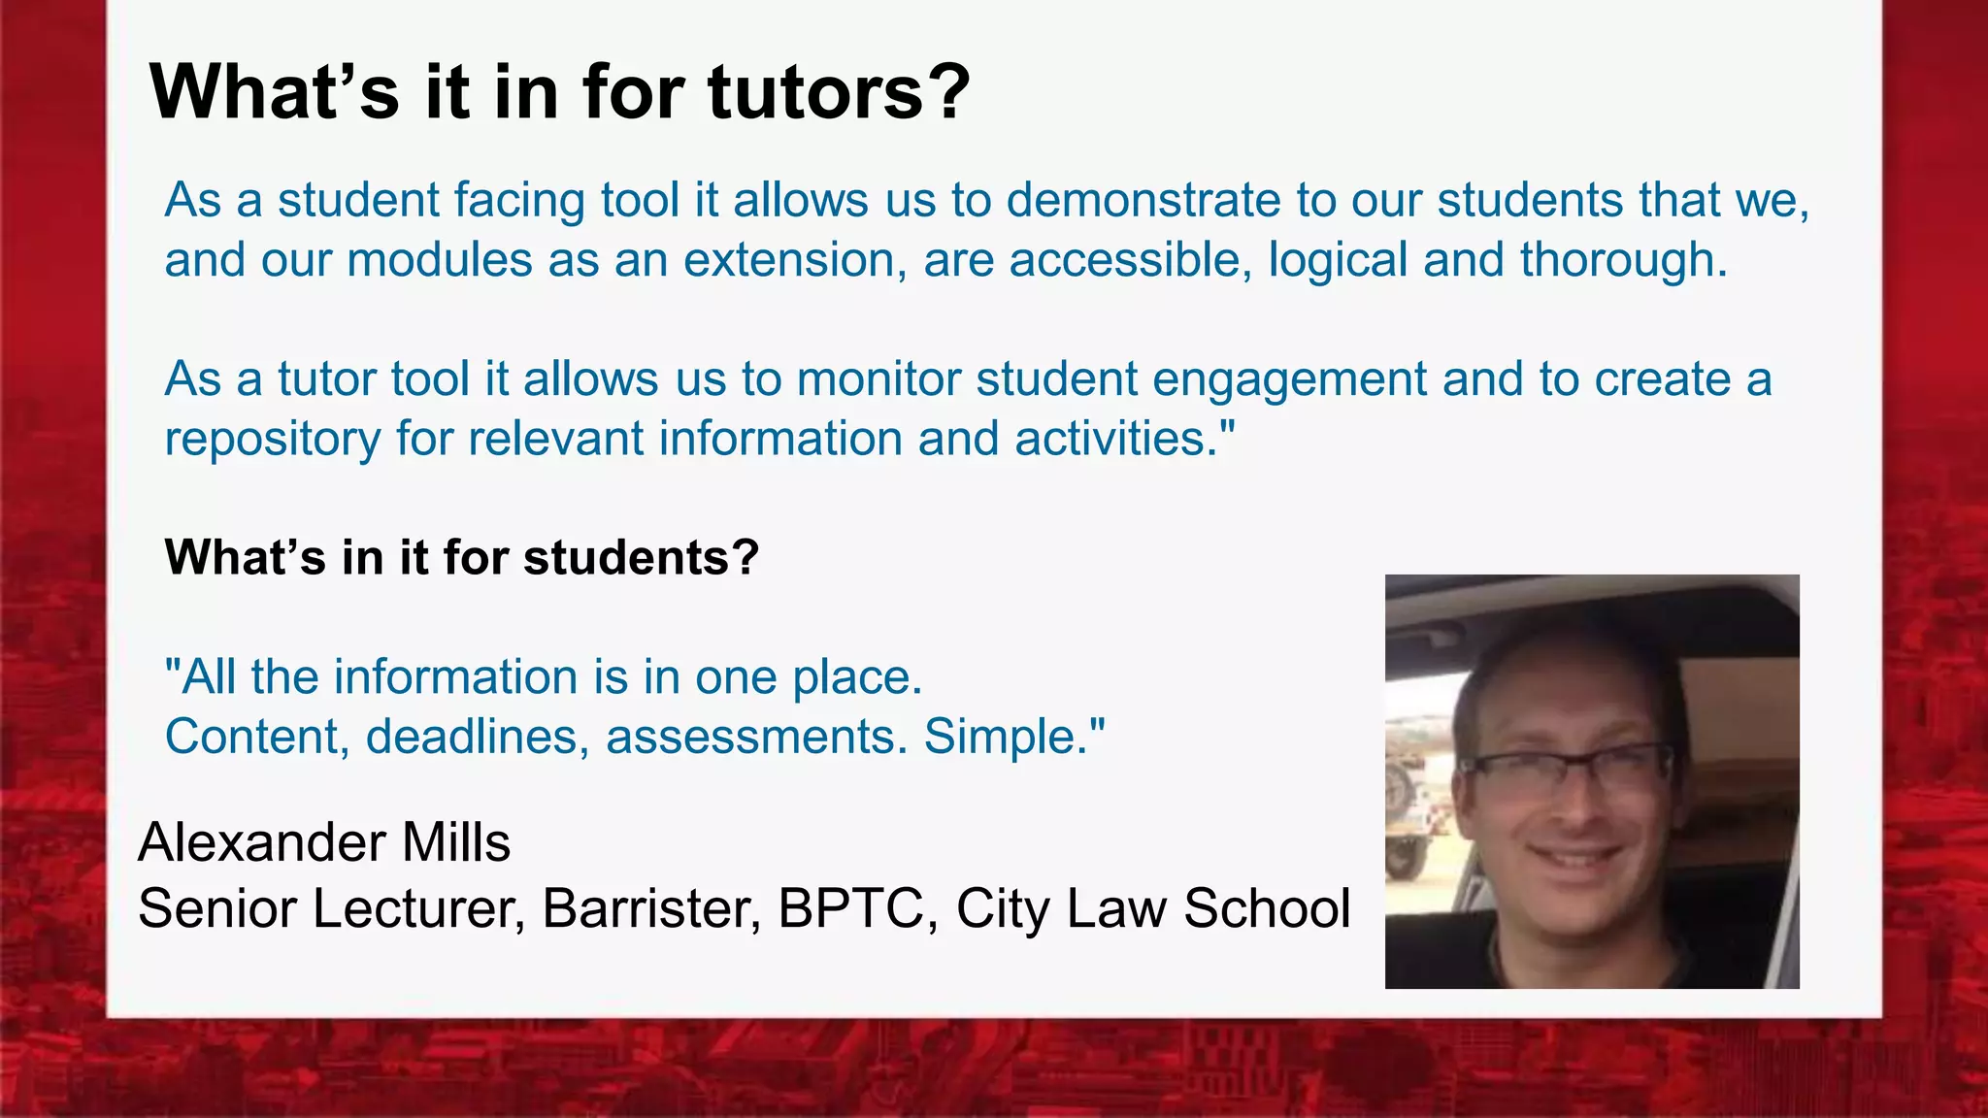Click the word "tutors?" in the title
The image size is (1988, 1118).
[x=839, y=93]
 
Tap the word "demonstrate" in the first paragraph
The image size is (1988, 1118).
[x=1143, y=201]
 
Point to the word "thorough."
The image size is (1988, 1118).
[x=1623, y=261]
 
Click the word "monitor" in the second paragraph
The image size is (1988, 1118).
[x=878, y=379]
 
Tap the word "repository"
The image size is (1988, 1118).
[x=273, y=440]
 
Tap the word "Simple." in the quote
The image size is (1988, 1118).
[x=1012, y=738]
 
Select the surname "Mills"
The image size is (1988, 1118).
[x=455, y=842]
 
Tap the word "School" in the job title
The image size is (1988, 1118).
[x=1266, y=909]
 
